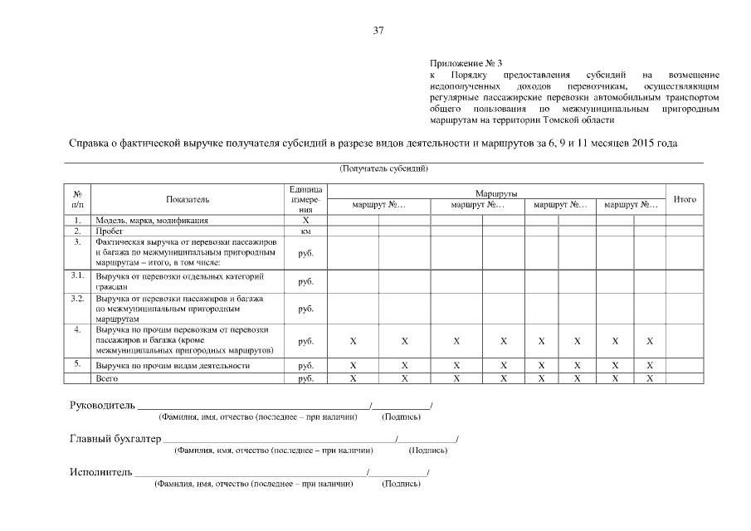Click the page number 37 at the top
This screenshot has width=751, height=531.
378,31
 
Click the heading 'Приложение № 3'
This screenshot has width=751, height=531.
466,62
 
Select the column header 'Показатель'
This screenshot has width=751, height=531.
188,199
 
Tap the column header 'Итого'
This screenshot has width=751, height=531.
685,199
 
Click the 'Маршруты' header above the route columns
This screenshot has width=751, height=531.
497,192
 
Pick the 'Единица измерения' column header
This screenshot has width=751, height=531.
305,199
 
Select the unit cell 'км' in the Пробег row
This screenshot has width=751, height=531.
305,231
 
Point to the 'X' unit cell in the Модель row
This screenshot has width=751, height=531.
305,221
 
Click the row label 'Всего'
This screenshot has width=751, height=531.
107,378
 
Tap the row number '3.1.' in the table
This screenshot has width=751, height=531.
78,275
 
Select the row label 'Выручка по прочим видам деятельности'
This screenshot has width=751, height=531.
173,365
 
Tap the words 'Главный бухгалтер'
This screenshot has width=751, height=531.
115,439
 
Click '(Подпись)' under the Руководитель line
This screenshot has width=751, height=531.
401,417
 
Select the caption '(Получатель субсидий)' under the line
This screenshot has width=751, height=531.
383,168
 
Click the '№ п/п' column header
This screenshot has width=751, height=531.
78,199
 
